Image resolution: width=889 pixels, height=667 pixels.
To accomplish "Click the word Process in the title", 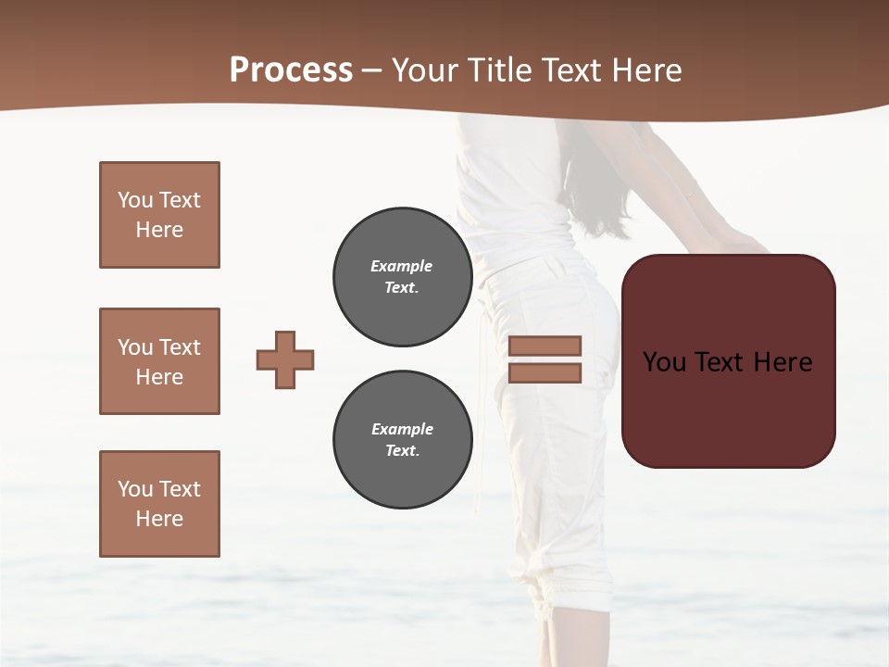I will [291, 70].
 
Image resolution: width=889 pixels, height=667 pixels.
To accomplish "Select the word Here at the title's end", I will [646, 70].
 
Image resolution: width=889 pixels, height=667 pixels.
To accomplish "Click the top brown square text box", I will [159, 215].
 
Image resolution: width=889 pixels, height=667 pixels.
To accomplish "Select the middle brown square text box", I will [159, 361].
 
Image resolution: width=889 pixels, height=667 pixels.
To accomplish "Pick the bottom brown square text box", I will [159, 504].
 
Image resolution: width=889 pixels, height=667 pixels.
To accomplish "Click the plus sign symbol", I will [285, 359].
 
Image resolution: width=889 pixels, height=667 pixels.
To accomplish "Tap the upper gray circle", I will [403, 277].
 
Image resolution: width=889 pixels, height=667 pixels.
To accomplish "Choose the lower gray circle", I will [403, 440].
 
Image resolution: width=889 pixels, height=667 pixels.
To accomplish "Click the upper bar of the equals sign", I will [545, 346].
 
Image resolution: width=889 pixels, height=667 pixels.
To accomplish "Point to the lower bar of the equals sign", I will [545, 372].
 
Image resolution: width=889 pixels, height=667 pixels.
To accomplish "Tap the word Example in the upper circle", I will [402, 266].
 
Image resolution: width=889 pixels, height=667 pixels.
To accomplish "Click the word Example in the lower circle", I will [402, 429].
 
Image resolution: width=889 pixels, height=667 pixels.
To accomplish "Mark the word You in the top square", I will [134, 200].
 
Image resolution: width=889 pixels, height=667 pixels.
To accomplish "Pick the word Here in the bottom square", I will [159, 519].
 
